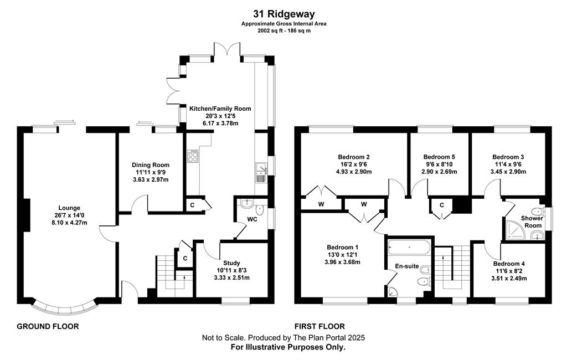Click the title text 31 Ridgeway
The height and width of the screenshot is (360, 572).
(284, 14)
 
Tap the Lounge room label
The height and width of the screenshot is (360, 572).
(69, 208)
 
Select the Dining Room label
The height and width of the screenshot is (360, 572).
(151, 165)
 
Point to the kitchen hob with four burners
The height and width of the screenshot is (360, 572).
(193, 156)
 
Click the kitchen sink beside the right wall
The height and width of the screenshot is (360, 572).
(261, 172)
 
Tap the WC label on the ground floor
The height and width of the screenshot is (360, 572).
(252, 219)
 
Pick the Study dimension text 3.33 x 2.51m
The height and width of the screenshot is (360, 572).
(231, 277)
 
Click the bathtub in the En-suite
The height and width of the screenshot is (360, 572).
(410, 248)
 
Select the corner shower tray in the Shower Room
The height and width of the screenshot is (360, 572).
(515, 231)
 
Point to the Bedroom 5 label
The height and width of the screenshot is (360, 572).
(439, 157)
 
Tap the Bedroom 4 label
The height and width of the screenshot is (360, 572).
(509, 264)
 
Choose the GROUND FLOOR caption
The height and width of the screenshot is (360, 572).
(48, 326)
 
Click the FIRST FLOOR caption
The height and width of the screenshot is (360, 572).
(320, 326)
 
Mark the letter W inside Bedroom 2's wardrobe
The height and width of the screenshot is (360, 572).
(321, 204)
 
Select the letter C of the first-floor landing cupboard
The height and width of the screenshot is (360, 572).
(442, 205)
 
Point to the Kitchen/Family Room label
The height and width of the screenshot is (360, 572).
(220, 109)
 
